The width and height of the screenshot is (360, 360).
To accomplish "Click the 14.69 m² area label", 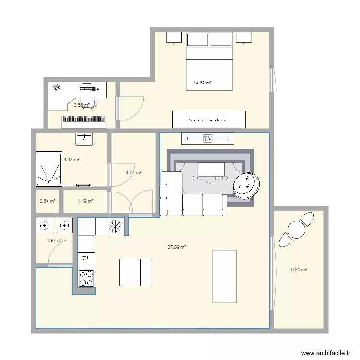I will point(203,83).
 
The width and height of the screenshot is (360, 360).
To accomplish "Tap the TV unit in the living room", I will point(208,138).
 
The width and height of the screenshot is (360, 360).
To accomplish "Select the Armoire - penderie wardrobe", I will point(209,120).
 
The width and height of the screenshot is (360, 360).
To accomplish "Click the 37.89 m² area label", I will point(177,247).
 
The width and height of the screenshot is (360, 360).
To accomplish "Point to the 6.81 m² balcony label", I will point(299,270).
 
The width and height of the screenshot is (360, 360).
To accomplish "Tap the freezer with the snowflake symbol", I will point(116,226).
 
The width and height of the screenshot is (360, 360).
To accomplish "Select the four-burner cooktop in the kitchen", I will point(86,277).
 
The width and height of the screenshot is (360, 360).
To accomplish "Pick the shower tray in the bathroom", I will point(49,169).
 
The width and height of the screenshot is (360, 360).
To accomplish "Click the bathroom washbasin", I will point(84,139).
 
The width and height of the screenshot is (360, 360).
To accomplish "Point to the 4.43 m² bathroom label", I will point(72,160).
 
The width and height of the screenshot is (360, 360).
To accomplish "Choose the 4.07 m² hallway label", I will point(133,173).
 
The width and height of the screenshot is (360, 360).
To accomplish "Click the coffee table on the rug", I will point(211,169).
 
